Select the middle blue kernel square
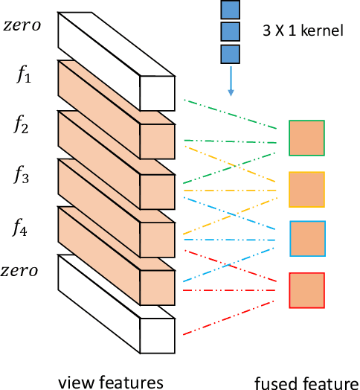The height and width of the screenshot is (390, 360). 231,32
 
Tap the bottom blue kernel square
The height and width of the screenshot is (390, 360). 231,54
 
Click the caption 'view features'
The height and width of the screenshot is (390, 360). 111,382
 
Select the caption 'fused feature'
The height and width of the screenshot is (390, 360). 306,383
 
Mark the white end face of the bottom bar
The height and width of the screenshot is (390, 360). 158,336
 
